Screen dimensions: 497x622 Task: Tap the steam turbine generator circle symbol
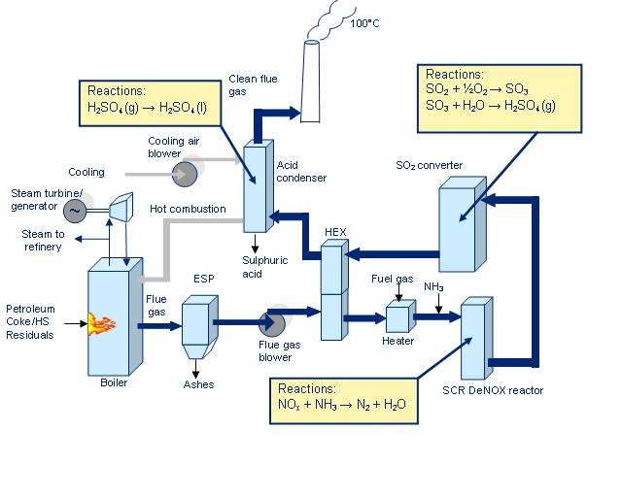74,209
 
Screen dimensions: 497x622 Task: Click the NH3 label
432,286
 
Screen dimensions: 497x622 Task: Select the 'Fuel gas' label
392,279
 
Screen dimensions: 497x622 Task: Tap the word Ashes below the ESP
198,385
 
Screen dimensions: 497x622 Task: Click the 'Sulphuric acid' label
259,267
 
